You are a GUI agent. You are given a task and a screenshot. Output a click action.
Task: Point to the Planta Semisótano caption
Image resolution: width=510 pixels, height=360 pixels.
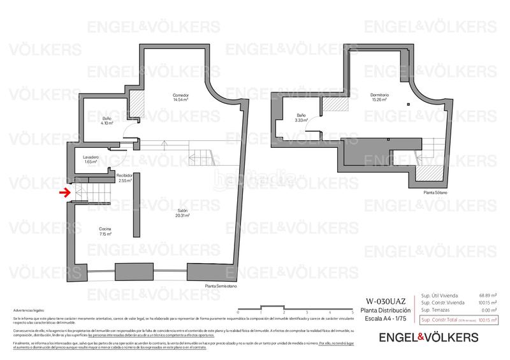click(221, 286)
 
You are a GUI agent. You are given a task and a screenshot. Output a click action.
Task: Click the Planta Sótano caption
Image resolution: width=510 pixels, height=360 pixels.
click(435, 192)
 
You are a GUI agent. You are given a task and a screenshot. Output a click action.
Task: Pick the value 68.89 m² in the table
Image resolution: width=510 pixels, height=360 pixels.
click(488, 295)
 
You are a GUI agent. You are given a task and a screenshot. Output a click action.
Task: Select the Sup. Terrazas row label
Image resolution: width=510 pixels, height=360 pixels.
click(437, 310)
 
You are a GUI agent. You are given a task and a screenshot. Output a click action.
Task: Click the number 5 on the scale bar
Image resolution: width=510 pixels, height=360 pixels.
click(353, 312)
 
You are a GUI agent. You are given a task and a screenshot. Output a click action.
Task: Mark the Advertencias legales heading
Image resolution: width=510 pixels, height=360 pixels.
click(29, 310)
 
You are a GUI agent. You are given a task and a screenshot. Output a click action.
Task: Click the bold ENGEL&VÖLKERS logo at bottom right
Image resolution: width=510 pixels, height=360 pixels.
click(428, 336)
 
